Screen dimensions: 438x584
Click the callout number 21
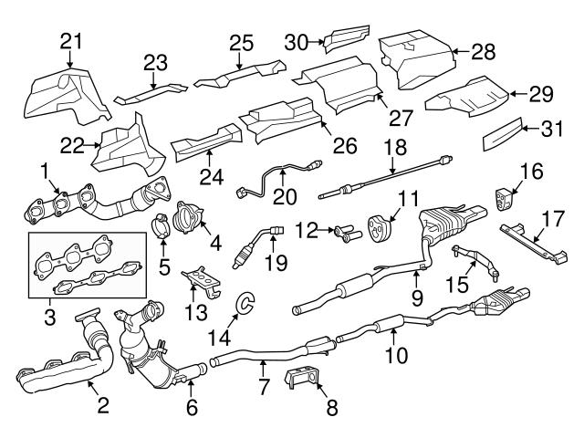coord(71,40)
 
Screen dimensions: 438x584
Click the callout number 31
coord(550,130)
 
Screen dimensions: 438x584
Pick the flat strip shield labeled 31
coord(502,135)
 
